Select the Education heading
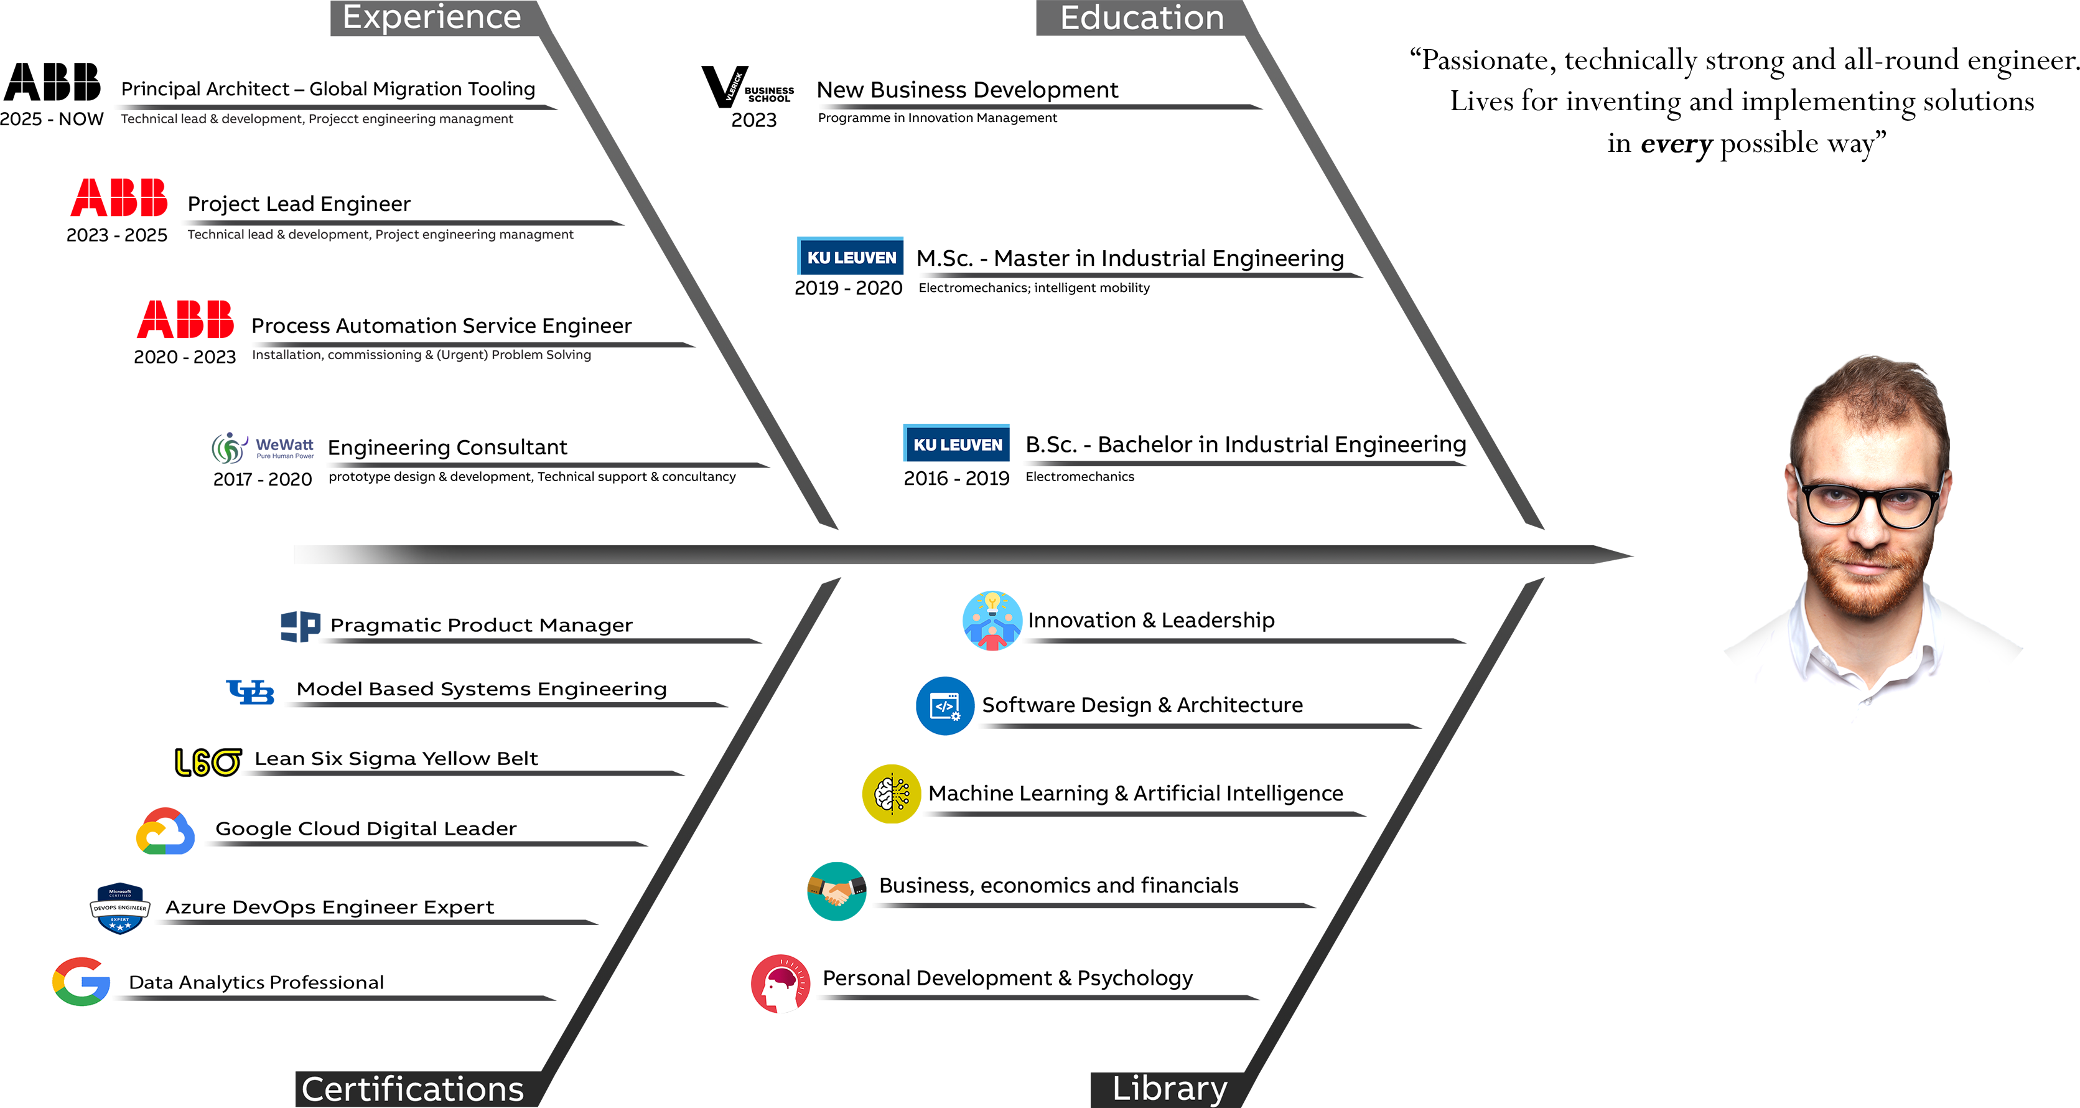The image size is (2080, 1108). [x=1142, y=18]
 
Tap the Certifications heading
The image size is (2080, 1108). [x=413, y=1089]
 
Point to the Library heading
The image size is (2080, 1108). [x=1169, y=1088]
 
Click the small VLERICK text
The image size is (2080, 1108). [x=733, y=87]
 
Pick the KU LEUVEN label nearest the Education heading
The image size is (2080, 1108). [x=852, y=258]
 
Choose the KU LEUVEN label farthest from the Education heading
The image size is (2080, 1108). [x=958, y=445]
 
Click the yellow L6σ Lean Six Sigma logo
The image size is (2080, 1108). [x=208, y=761]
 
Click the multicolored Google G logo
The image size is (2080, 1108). [x=81, y=981]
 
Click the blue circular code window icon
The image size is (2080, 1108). [x=944, y=706]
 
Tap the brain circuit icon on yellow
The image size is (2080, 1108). [x=892, y=792]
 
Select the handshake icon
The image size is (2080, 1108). [x=837, y=891]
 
